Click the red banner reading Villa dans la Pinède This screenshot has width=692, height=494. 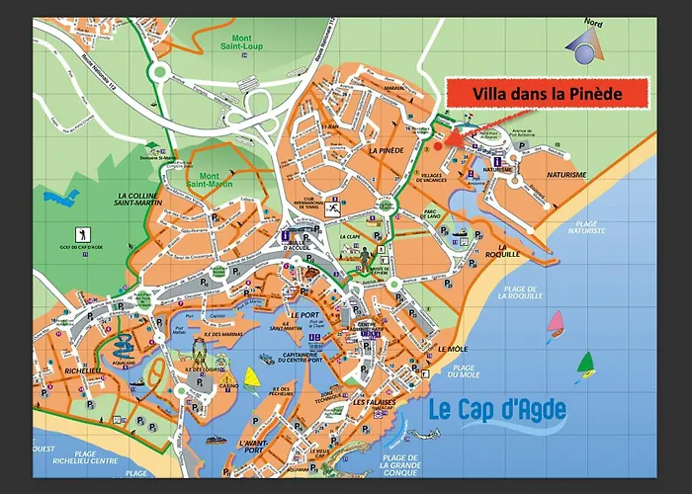546,94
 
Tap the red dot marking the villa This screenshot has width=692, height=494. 437,145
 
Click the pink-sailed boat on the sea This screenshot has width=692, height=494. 557,322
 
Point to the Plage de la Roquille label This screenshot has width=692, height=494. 522,292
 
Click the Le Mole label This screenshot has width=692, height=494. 452,349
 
